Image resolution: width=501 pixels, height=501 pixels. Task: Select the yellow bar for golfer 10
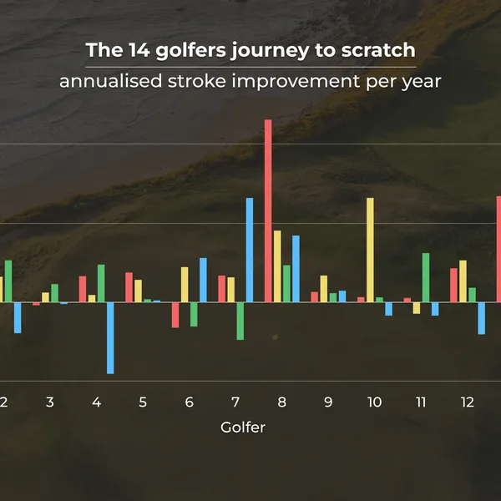click(x=370, y=250)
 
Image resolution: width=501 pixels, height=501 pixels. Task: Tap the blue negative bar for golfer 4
click(x=110, y=337)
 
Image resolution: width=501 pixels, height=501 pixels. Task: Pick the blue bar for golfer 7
click(x=249, y=250)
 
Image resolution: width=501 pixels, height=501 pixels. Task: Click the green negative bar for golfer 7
click(x=240, y=321)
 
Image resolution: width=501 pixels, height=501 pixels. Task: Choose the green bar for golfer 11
click(x=426, y=277)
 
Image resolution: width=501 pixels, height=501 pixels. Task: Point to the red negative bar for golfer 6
click(x=175, y=315)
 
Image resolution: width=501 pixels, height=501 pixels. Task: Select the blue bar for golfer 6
click(x=203, y=280)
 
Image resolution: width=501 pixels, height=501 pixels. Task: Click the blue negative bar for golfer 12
click(x=481, y=318)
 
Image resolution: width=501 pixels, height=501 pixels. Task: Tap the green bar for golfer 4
click(x=101, y=283)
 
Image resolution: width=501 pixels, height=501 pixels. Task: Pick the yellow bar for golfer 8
click(x=277, y=266)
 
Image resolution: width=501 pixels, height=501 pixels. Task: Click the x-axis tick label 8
click(x=281, y=402)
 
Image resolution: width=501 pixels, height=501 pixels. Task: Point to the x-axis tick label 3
click(x=50, y=402)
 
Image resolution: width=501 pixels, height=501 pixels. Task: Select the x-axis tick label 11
click(x=421, y=402)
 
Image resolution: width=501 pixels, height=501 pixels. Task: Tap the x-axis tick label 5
click(x=143, y=402)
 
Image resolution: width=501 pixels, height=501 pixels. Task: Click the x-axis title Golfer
click(x=243, y=428)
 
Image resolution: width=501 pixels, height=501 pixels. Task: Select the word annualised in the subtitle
click(x=105, y=82)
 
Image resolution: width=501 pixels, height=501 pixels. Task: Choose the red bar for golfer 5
click(x=129, y=287)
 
